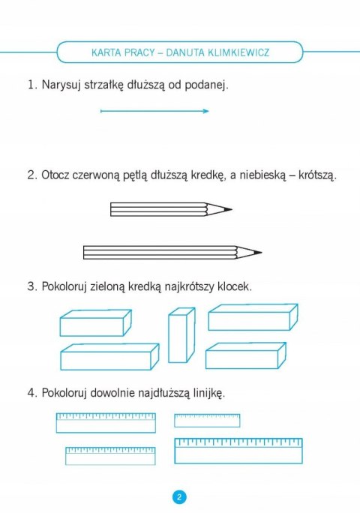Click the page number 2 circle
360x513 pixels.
tap(180, 497)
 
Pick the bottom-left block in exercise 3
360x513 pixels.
tap(109, 357)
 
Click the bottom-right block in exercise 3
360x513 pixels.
tap(245, 355)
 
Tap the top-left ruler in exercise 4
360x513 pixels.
tap(106, 423)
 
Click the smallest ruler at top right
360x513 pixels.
tap(207, 420)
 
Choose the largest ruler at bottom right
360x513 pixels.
tap(238, 451)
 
